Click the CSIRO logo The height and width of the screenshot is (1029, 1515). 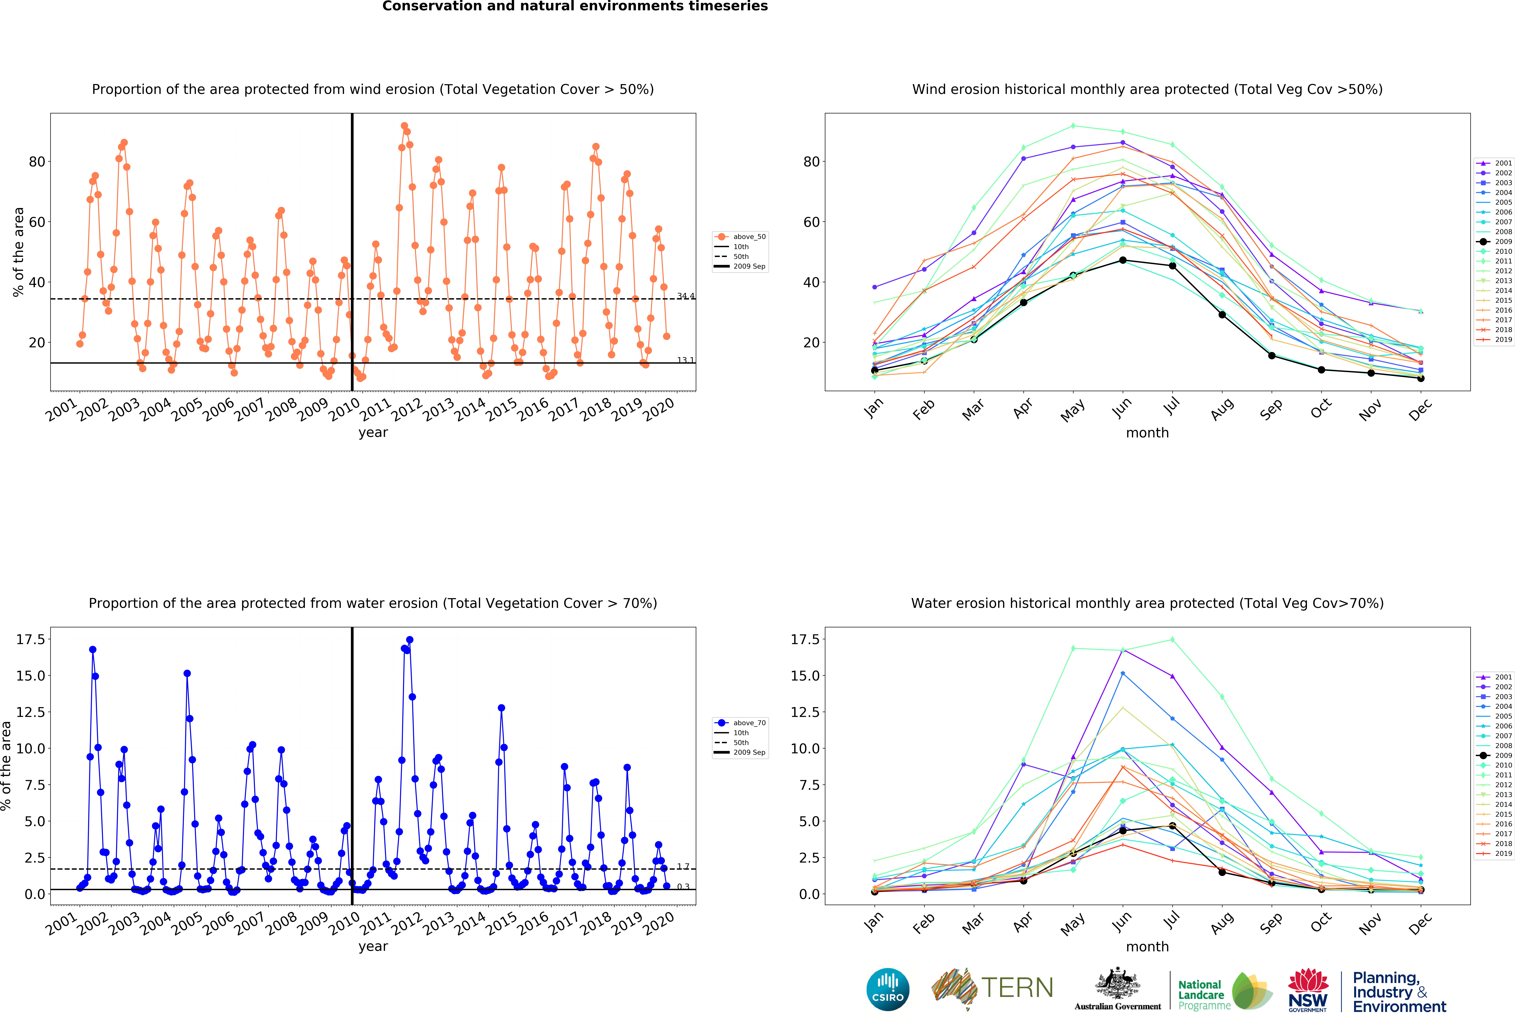[888, 989]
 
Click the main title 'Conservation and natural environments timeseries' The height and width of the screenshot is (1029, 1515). [575, 6]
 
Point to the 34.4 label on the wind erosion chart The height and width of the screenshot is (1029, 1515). [686, 296]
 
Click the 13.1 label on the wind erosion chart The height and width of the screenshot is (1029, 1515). [686, 360]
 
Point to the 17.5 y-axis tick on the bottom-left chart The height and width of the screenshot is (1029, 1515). [31, 639]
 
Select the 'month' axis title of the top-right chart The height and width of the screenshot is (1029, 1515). [1147, 433]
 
